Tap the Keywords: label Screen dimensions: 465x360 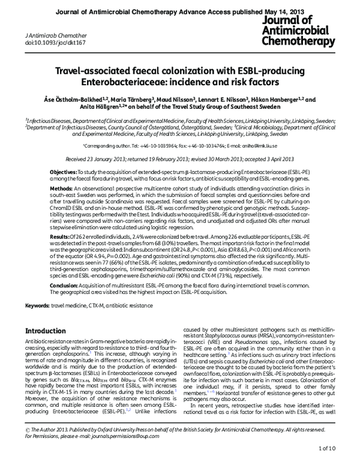tap(37, 306)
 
